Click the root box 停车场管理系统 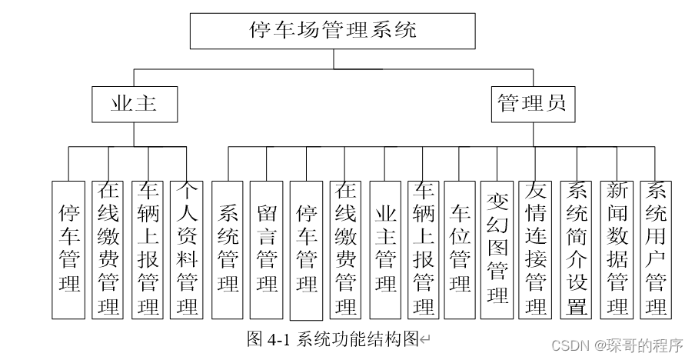(x=334, y=32)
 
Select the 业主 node (x=134, y=104)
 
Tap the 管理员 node (x=534, y=104)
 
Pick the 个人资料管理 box (x=188, y=249)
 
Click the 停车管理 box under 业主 (x=69, y=249)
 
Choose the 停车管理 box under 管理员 (x=307, y=249)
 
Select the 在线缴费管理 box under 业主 (x=108, y=249)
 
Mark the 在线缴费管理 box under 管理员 (x=346, y=249)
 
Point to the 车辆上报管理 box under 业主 (x=148, y=249)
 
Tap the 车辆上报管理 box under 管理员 (x=423, y=249)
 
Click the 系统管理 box (x=228, y=249)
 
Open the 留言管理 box (x=268, y=249)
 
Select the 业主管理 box (x=385, y=249)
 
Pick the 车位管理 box (x=460, y=249)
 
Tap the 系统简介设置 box (x=577, y=249)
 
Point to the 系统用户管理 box (x=656, y=249)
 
